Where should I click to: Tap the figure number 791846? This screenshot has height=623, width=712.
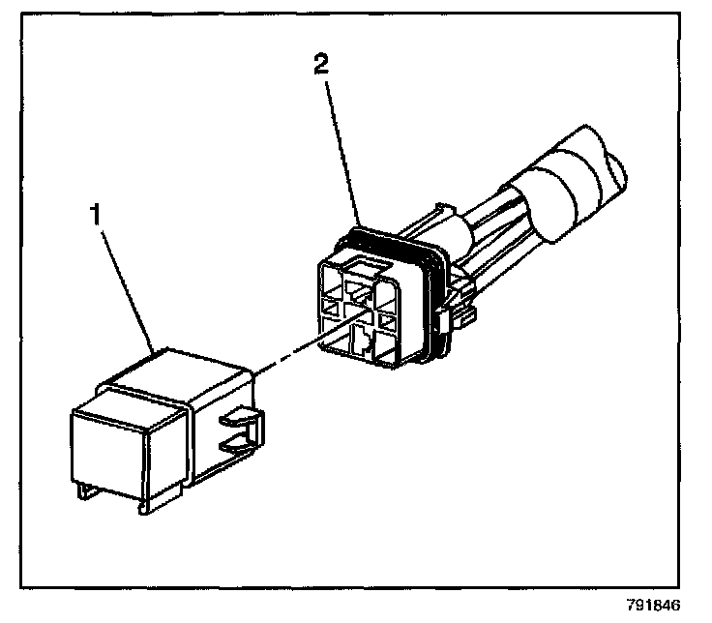coord(653,607)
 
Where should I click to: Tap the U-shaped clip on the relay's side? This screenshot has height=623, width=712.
coord(241,431)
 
